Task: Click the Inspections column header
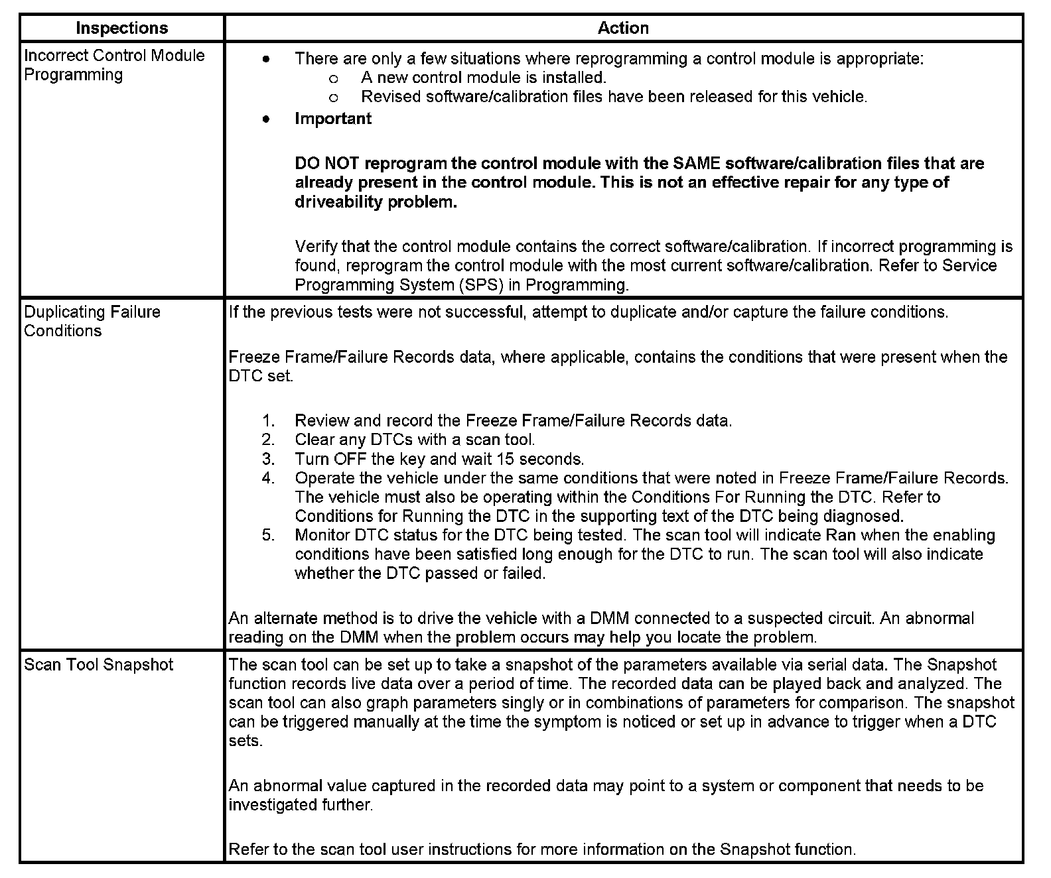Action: point(122,28)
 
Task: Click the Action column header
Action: point(623,28)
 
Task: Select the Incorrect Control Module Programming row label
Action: point(114,65)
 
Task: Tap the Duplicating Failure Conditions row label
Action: point(92,322)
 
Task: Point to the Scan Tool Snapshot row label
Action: point(98,664)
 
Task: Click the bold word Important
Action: point(333,119)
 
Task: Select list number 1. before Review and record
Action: point(268,421)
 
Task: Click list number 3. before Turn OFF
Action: point(268,459)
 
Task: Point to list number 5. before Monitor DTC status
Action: point(268,535)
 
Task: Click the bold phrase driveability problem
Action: point(376,202)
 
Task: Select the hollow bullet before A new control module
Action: point(334,78)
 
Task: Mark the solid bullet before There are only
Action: point(266,59)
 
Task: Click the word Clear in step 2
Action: point(315,440)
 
